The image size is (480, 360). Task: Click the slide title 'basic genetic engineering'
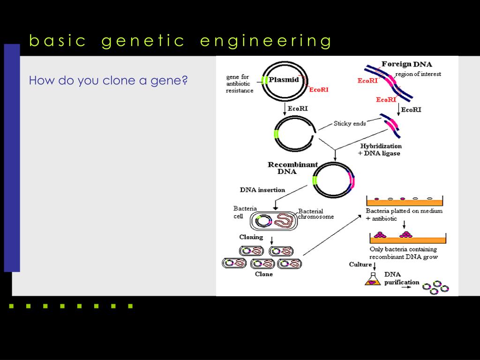tap(180, 41)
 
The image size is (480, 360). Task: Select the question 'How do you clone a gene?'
tap(108, 81)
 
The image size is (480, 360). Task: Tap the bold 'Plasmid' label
tap(284, 80)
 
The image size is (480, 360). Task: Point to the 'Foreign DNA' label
tap(406, 64)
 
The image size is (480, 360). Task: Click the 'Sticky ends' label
tap(350, 124)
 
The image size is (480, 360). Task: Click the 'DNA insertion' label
tap(262, 190)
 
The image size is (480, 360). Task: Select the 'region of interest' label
tap(418, 74)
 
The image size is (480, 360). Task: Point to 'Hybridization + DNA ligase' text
tap(380, 150)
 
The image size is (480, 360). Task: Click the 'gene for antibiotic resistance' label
tap(240, 84)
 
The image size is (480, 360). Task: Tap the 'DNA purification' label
tap(401, 278)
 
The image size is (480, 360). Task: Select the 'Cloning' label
tap(251, 237)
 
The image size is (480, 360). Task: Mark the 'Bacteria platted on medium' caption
tap(404, 211)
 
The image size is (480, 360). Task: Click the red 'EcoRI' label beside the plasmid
tap(319, 90)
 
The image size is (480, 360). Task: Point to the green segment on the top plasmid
tap(265, 80)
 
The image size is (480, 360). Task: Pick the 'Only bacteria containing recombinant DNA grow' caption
tap(404, 253)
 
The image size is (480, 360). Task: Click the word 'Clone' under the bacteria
tap(264, 274)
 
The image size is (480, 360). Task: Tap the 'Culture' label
tap(360, 265)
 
